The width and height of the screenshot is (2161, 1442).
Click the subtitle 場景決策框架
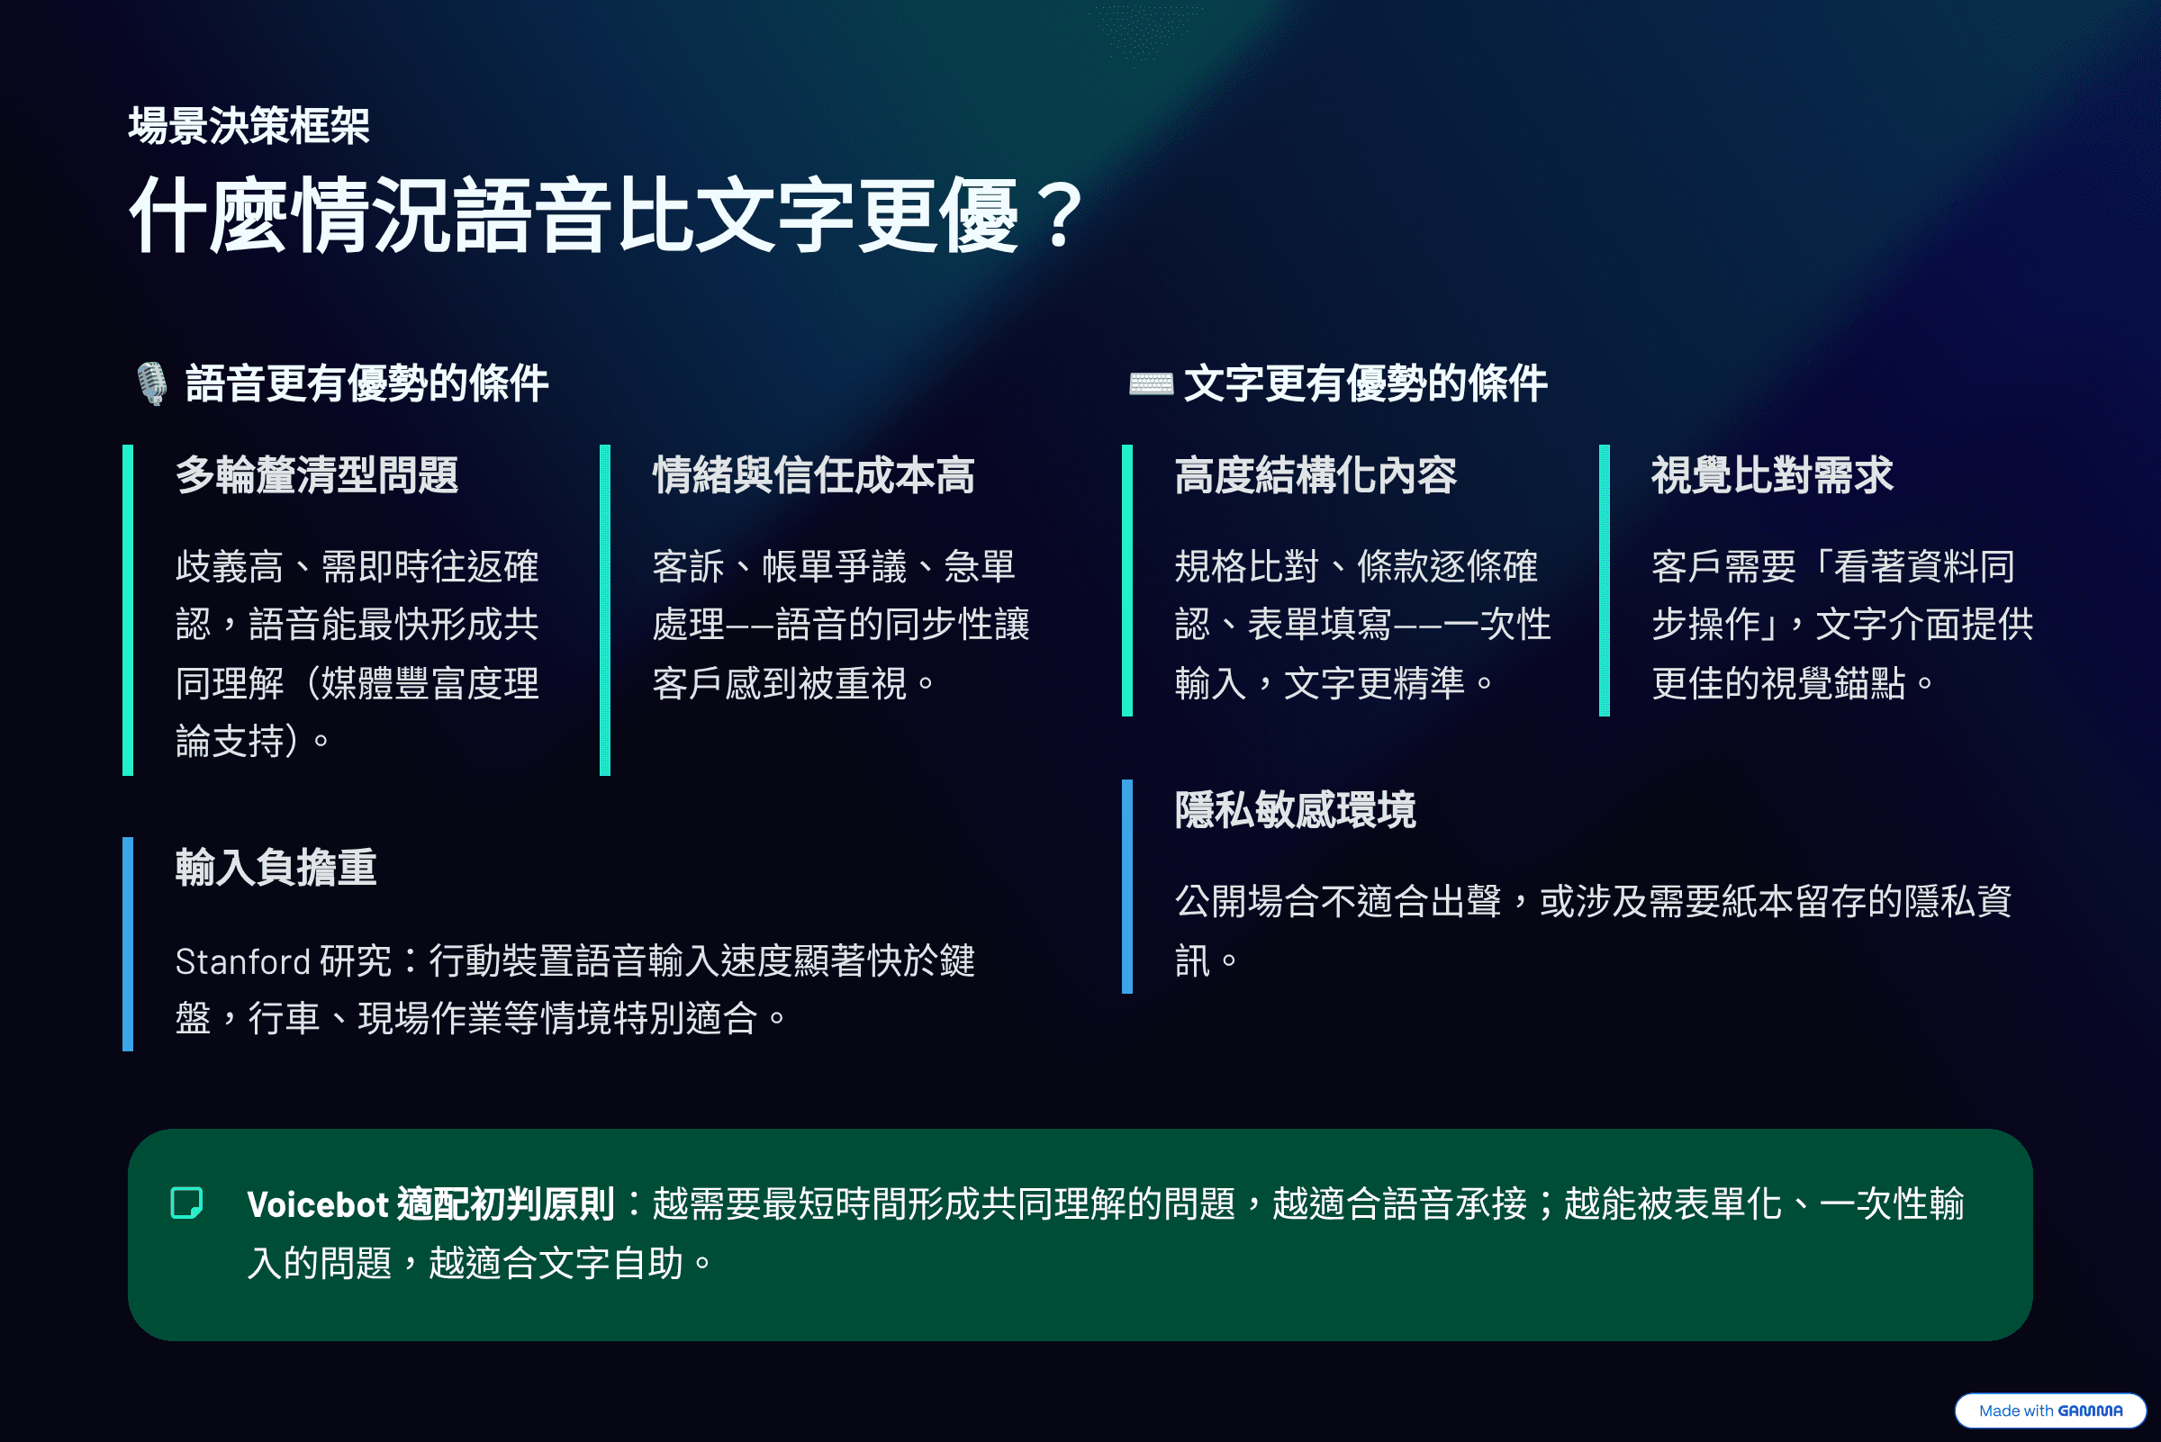click(249, 126)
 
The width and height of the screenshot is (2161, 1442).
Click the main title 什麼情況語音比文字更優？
click(607, 215)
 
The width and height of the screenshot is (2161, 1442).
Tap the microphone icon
click(152, 383)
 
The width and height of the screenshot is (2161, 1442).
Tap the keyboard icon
click(1151, 383)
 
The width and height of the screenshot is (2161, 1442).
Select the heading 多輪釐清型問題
click(317, 475)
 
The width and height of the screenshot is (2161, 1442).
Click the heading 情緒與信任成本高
click(813, 475)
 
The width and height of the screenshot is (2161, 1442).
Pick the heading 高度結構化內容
click(1316, 475)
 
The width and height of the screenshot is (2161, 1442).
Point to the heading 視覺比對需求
click(1773, 475)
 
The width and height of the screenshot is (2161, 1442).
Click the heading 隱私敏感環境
click(1296, 810)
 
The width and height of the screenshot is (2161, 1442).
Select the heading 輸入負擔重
click(276, 868)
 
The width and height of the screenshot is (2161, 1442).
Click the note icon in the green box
click(186, 1203)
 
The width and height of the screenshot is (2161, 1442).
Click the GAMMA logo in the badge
click(2090, 1410)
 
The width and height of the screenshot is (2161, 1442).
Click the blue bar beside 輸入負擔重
click(128, 943)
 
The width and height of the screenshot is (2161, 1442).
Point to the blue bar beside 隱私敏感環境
click(1127, 887)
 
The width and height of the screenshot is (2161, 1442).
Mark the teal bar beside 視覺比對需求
click(1605, 581)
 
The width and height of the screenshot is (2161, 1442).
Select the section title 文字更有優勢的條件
click(1365, 383)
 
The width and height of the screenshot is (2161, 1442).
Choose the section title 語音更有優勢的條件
click(367, 383)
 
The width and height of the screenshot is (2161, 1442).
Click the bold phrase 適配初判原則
click(506, 1204)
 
